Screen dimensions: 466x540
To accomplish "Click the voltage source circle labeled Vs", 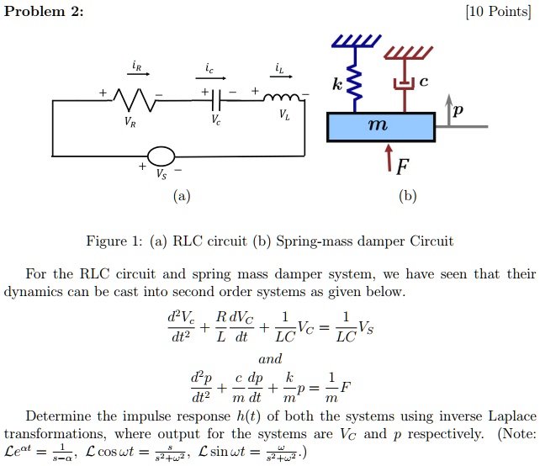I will pos(161,156).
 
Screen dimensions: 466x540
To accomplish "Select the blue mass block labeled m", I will pos(380,126).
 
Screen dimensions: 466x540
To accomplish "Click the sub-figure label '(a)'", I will pos(181,197).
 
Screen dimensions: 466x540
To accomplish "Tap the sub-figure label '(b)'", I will pos(408,197).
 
